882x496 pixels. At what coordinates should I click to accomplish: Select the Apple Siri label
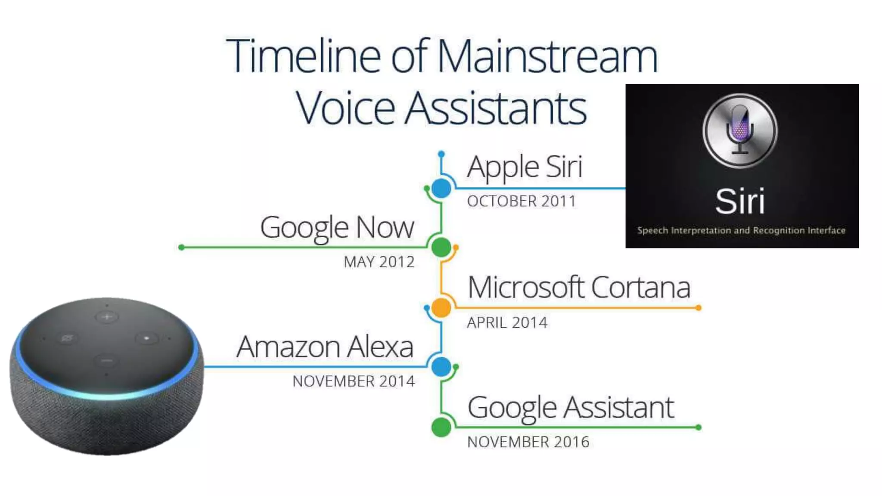[525, 167]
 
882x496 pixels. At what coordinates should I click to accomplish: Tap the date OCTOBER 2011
[521, 201]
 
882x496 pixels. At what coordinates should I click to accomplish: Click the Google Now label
[337, 227]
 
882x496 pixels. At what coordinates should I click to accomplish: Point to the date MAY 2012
[379, 262]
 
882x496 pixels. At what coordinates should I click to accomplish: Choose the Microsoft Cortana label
[579, 288]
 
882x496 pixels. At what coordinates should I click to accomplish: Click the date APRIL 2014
[507, 322]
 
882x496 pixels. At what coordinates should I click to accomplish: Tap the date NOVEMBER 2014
[354, 381]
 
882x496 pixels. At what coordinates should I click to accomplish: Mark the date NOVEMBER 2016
[528, 442]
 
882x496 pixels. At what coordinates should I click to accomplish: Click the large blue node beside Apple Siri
[441, 189]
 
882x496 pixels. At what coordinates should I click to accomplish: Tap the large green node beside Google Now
[441, 248]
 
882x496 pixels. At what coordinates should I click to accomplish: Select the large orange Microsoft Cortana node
[441, 308]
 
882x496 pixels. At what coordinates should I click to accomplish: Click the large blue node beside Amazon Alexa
[441, 367]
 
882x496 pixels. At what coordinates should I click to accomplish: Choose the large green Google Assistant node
[441, 427]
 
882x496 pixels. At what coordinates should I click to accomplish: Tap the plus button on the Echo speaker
[107, 317]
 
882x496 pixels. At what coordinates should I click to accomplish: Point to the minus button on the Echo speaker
[106, 360]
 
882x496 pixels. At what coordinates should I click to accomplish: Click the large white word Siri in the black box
[740, 201]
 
